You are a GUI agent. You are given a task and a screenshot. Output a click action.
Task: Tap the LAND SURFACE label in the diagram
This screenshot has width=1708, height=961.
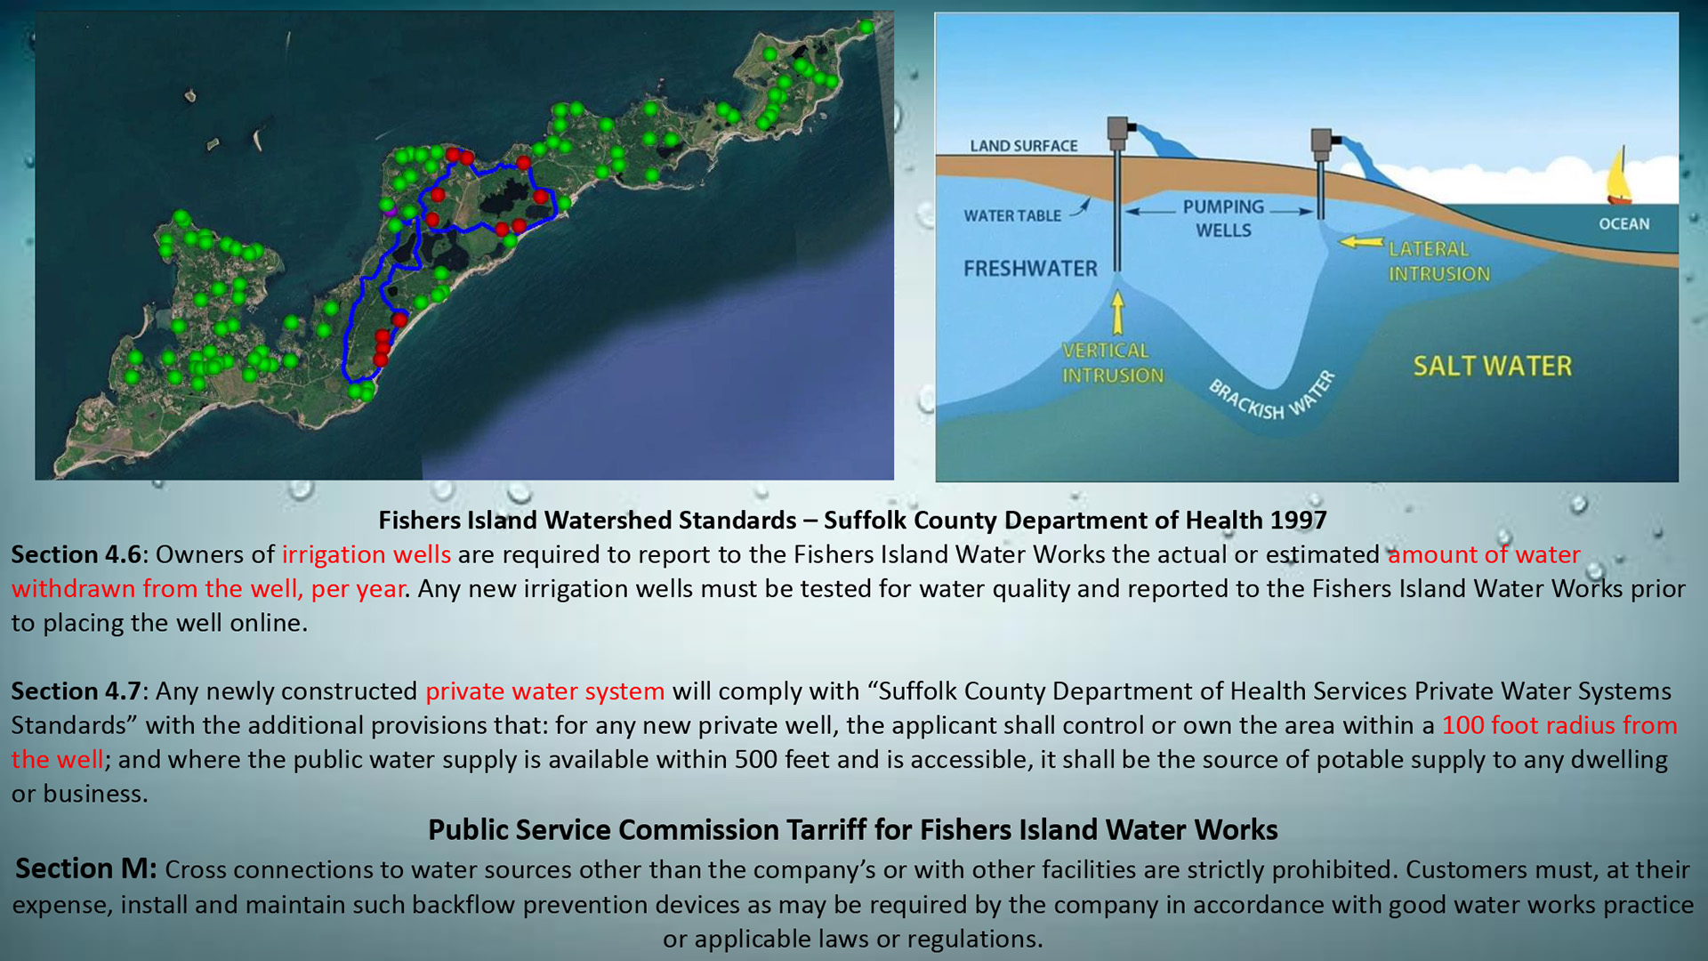1023,146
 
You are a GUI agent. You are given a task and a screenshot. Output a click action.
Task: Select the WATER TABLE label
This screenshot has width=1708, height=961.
1012,215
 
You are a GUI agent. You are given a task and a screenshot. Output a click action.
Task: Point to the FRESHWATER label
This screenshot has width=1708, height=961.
1030,268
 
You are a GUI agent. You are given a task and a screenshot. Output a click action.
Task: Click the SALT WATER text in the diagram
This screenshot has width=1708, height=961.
1492,366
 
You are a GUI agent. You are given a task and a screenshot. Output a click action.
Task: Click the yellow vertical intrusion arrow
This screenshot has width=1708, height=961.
1117,313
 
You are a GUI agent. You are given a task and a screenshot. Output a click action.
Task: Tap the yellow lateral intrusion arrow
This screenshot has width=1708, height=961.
1361,241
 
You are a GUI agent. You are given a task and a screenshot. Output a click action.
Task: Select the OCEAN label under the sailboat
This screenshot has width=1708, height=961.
1623,223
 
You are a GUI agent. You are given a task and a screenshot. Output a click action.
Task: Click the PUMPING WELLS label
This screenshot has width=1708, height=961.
1223,218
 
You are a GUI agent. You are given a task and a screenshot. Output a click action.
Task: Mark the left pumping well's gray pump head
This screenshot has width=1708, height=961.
1118,133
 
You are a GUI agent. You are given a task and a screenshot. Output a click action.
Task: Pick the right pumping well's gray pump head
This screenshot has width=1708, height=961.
1322,145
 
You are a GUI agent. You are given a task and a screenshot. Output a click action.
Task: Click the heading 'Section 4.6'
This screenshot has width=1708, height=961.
77,554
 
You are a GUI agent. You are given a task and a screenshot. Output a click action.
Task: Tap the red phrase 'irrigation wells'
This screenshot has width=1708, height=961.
367,554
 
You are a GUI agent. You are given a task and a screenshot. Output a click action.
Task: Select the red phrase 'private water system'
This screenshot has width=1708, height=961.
544,691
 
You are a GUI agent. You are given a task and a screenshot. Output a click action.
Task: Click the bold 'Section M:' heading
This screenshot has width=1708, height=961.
86,868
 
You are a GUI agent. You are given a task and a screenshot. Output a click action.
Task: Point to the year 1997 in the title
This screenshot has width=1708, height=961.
1299,521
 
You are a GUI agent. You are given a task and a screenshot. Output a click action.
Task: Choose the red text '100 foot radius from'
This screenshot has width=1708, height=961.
1559,725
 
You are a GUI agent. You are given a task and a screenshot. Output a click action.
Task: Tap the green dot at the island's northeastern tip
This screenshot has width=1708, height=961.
866,28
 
